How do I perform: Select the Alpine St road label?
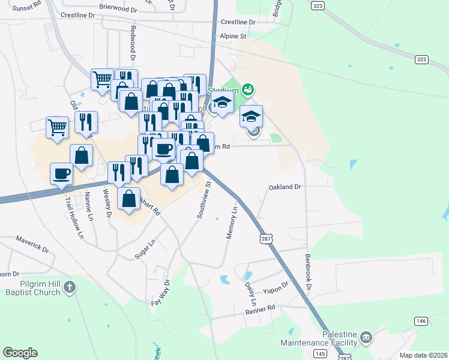point(234,37)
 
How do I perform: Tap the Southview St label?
point(205,201)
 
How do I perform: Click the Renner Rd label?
point(259,309)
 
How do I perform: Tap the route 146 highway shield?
point(421,322)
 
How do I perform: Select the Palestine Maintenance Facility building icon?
point(366,337)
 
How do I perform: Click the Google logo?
point(20,353)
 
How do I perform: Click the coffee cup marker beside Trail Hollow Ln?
point(62,173)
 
